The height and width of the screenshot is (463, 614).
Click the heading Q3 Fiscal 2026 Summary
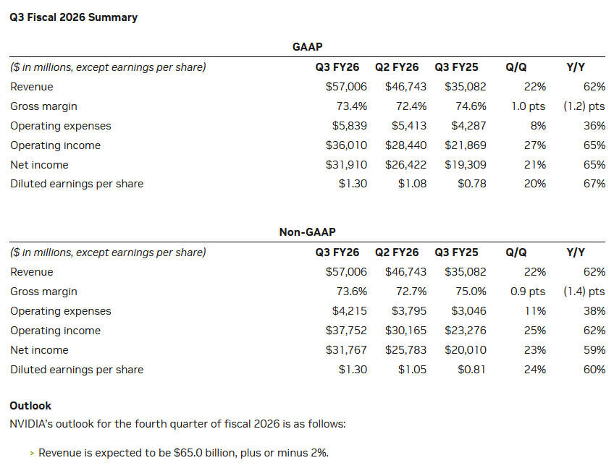pos(73,17)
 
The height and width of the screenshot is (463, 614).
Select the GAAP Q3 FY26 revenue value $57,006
pos(346,87)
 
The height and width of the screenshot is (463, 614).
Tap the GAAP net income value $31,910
pos(346,164)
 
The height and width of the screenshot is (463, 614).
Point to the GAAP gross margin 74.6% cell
pos(471,106)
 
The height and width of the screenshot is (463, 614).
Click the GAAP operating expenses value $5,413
pos(408,126)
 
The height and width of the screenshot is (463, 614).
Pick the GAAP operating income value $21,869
pos(466,145)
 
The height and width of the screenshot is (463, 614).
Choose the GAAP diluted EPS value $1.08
pos(412,184)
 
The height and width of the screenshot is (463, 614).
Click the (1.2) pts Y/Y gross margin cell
pos(584,106)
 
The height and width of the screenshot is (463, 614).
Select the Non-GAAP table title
pos(307,232)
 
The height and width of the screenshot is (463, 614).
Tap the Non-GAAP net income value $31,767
pos(346,350)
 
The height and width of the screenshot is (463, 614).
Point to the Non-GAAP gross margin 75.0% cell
pos(471,292)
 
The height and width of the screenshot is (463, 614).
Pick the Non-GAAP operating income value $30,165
pos(405,331)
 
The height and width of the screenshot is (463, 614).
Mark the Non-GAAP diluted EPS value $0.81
pos(471,370)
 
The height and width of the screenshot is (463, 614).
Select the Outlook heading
pos(30,406)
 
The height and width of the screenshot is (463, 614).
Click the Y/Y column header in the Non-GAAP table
pos(575,252)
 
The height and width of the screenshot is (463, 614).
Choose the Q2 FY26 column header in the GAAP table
pos(397,67)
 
